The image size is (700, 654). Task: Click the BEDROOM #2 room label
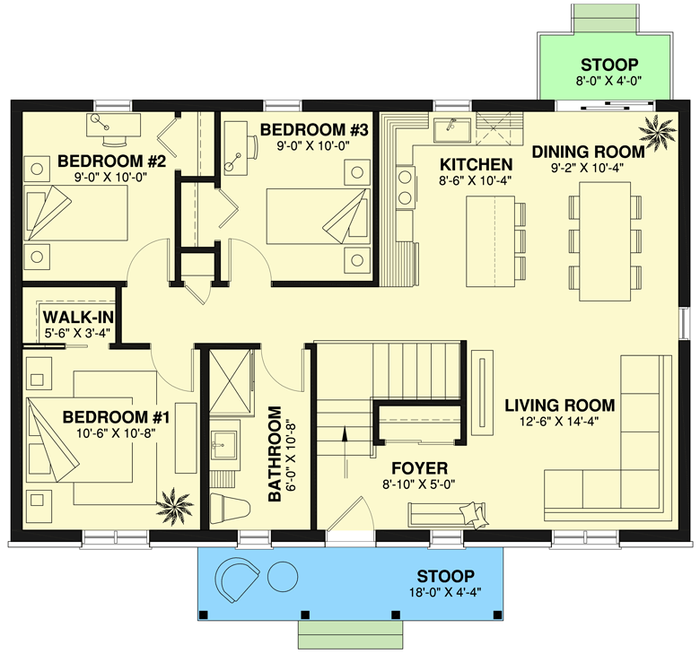point(111,161)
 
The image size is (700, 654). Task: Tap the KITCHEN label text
point(476,165)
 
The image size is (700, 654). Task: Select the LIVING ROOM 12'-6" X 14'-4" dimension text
point(559,421)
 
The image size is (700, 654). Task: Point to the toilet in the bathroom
point(229,508)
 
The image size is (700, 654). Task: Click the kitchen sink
point(452,130)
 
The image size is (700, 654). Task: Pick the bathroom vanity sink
point(223,445)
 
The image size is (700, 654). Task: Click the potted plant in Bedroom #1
point(175,506)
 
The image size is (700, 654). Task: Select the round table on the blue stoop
point(282,576)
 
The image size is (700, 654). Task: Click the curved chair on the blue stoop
point(237,580)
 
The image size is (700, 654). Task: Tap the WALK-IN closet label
point(78,318)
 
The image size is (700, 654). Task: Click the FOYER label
point(419,468)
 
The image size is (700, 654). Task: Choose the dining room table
point(605,241)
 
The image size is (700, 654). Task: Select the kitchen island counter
point(490,241)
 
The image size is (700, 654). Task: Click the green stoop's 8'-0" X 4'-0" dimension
point(608,81)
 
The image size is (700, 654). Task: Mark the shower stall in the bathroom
point(231,382)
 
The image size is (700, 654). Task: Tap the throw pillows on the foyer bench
point(474,515)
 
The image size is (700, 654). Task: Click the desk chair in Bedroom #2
point(114,140)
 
